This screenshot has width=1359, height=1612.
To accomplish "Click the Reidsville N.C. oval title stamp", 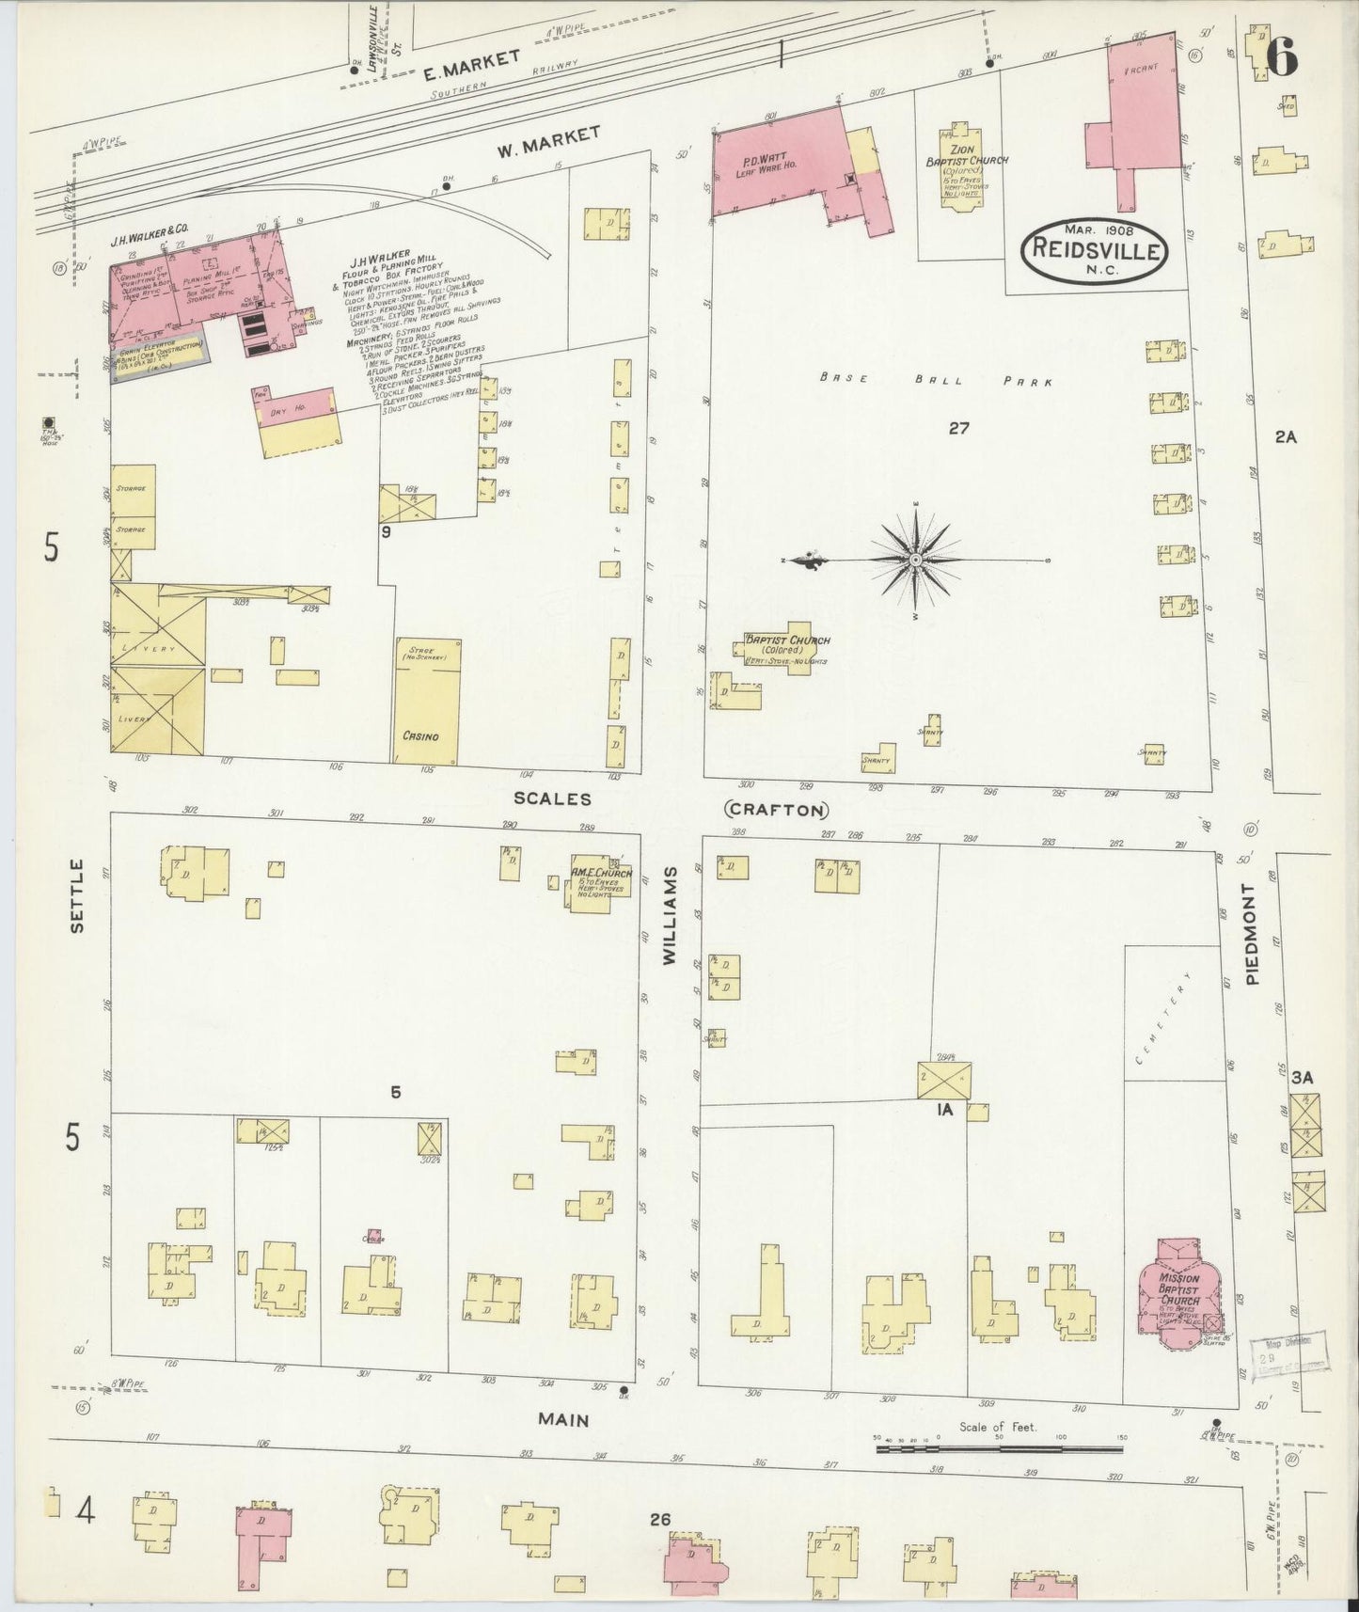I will click(x=1094, y=248).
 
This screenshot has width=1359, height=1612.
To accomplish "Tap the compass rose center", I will click(x=915, y=561).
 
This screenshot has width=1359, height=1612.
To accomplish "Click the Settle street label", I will click(x=77, y=909).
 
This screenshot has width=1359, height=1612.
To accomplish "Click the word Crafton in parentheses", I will click(x=776, y=810).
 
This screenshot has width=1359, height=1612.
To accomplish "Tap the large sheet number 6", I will click(x=1281, y=59).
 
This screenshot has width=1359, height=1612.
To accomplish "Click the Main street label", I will click(x=565, y=1419).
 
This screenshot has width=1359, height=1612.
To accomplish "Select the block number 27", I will click(x=958, y=429).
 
